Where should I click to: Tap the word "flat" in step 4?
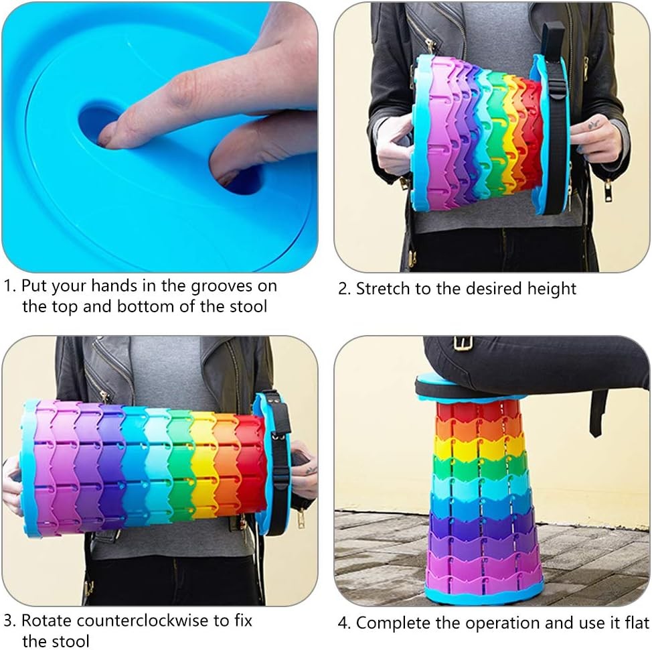tap(635, 623)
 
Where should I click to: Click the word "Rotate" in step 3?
tap(50, 621)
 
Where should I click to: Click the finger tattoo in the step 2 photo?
tap(594, 124)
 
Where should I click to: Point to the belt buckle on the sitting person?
tap(461, 342)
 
